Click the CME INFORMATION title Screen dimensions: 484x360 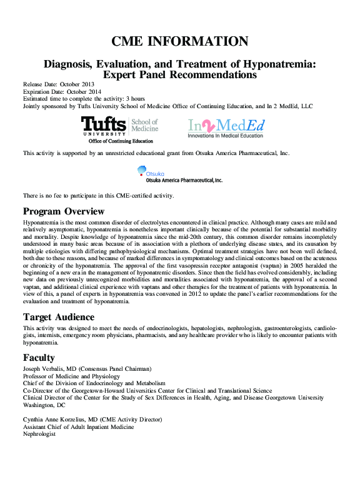pos(180,41)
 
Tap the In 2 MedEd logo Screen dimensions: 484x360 pos(226,128)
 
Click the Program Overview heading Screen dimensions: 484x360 pos(64,211)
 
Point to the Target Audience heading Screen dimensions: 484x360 pos(59,317)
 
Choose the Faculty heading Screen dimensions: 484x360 pos(39,358)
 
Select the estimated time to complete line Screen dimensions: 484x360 pos(84,99)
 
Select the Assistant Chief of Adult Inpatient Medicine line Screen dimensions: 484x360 pos(78,426)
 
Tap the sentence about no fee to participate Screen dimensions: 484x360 pos(98,196)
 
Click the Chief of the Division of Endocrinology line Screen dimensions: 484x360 pos(94,383)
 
